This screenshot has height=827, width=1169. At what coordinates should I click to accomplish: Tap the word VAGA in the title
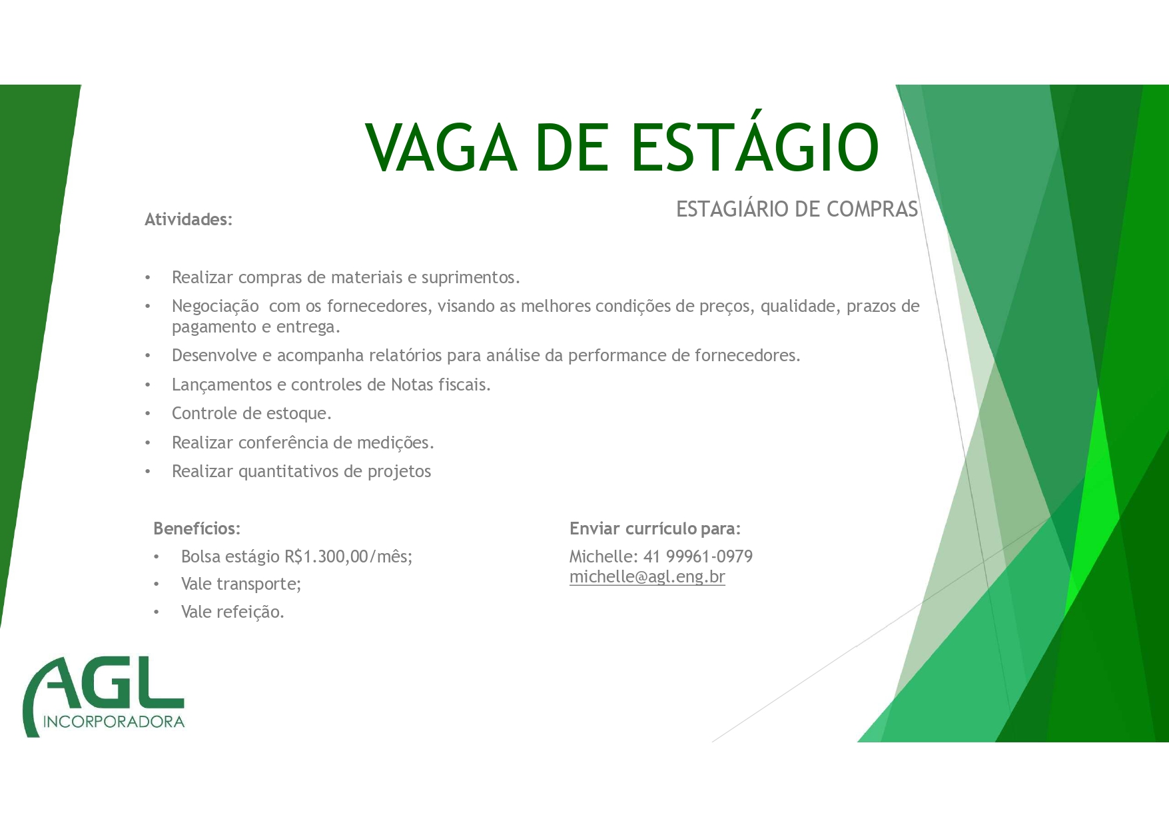[441, 147]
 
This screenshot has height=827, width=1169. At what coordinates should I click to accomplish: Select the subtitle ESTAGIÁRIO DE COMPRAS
[797, 209]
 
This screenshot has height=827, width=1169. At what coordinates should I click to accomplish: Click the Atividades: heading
[189, 219]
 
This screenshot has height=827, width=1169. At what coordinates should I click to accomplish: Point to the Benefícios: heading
[196, 528]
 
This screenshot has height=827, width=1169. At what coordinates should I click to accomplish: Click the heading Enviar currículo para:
[655, 528]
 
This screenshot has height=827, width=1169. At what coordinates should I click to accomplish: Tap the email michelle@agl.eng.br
[647, 577]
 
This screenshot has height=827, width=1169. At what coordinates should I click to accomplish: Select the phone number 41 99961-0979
[698, 556]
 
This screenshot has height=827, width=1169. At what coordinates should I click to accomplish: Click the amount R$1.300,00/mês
[348, 556]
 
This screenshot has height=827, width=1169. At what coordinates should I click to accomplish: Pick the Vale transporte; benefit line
[241, 584]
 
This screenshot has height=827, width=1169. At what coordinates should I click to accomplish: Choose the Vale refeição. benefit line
[232, 612]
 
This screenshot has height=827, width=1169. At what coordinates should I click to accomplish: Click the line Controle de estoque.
[252, 414]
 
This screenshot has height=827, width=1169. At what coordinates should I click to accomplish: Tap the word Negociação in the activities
[215, 307]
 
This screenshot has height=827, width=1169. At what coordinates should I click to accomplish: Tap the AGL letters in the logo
[104, 683]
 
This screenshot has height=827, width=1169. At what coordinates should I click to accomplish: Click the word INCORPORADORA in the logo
[114, 722]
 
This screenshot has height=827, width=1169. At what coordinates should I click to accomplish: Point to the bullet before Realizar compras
[148, 278]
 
